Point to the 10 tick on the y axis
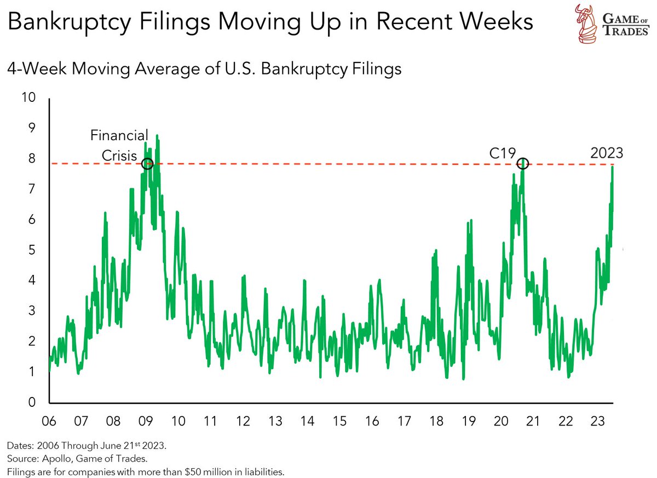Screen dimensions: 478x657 tap(27, 97)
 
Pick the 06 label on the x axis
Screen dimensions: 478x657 tap(49, 422)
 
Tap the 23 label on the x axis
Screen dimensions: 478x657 tap(597, 422)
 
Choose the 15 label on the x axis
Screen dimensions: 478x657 tap(339, 422)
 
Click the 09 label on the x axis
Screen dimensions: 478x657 tap(146, 422)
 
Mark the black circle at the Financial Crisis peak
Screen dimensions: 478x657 tap(147, 163)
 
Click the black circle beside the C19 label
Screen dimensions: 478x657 tap(523, 163)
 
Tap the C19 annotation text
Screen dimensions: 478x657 tap(502, 153)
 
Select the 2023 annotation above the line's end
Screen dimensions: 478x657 tap(606, 153)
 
